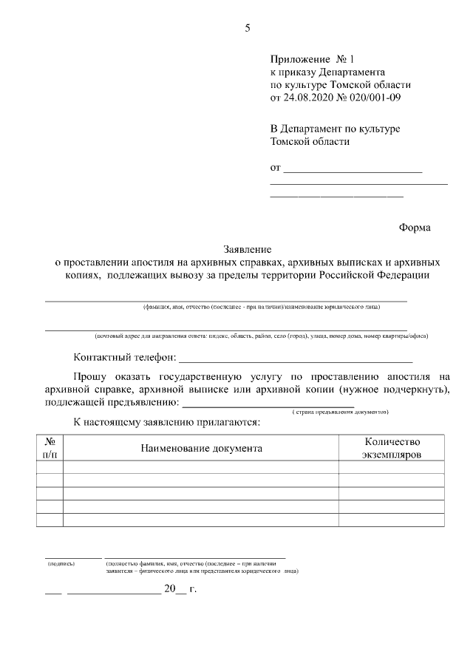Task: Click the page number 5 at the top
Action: (x=248, y=29)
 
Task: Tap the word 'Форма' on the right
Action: (x=415, y=228)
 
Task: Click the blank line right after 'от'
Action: (x=353, y=171)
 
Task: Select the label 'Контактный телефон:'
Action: (x=124, y=358)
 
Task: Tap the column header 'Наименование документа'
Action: (x=200, y=448)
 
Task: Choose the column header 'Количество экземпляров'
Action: (x=391, y=448)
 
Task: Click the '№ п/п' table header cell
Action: (x=50, y=448)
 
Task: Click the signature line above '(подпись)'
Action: (x=73, y=557)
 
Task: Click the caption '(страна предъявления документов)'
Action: (x=340, y=411)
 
